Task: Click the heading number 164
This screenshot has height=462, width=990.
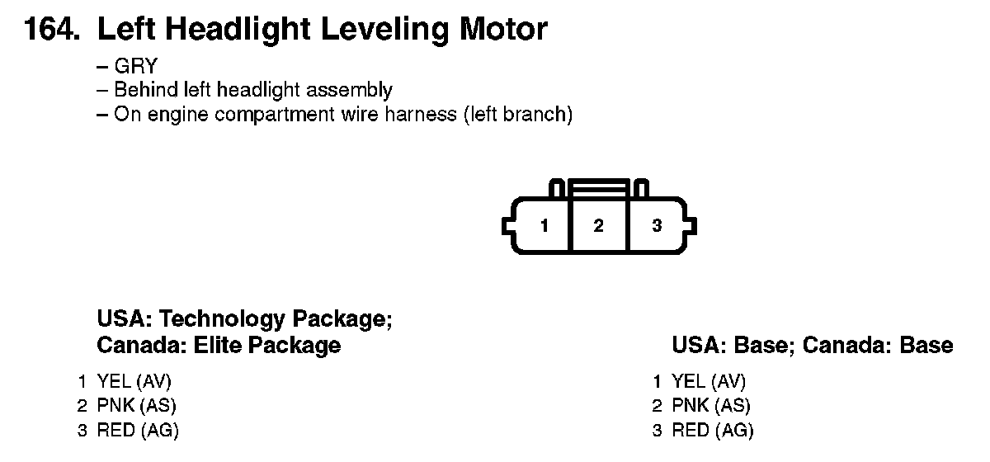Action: point(51,30)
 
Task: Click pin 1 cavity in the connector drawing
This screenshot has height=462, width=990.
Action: point(544,225)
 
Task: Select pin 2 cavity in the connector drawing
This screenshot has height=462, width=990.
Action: point(599,225)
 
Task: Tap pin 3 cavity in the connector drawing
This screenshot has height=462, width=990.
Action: point(657,225)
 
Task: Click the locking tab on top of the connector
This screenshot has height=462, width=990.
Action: point(599,187)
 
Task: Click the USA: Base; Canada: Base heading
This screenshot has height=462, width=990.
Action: point(812,345)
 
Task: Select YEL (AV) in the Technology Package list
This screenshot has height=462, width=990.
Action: point(134,381)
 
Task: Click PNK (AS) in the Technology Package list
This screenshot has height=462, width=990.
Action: point(136,405)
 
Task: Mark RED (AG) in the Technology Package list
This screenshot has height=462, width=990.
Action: point(137,430)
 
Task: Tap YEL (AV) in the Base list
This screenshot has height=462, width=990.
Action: point(709,381)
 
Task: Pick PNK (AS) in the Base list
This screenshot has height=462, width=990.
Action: point(711,405)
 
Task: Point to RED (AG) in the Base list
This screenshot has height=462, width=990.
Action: point(712,430)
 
